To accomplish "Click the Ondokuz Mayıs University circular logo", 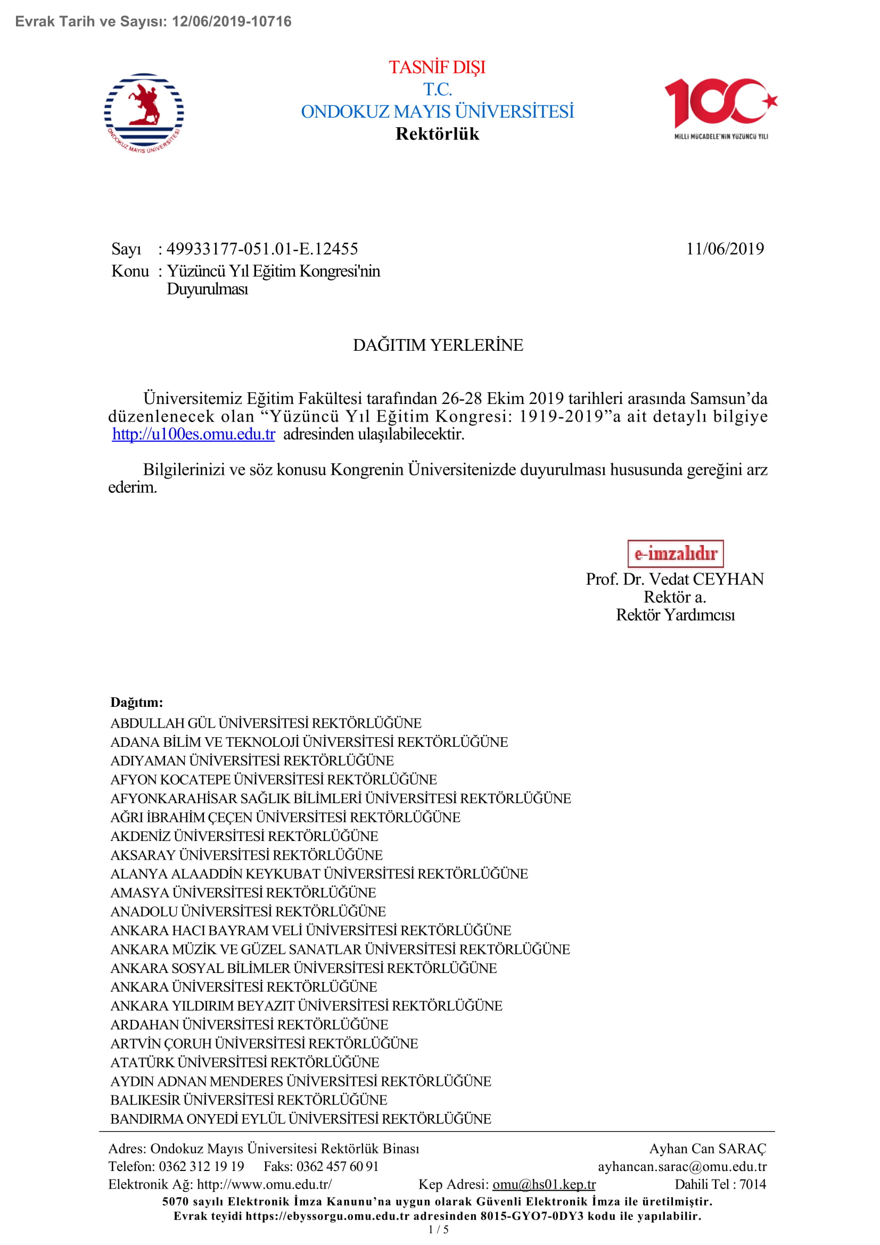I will [x=144, y=113].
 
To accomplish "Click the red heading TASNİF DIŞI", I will [x=437, y=67].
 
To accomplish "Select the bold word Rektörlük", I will [x=437, y=134].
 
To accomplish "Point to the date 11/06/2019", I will [x=725, y=249].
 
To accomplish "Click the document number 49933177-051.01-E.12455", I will [x=262, y=249].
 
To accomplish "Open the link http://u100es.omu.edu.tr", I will [x=194, y=434].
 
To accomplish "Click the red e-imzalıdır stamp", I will [x=675, y=554].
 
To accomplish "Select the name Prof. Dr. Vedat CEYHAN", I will [x=675, y=579].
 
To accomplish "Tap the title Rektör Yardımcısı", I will [x=675, y=615].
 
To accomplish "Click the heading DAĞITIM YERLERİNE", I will [x=438, y=345].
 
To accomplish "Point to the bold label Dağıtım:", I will [x=137, y=702].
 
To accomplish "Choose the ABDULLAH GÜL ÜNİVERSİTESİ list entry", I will [x=266, y=723].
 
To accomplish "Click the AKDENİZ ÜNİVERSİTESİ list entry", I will [x=244, y=836].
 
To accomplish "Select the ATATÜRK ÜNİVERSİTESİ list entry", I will [x=244, y=1062].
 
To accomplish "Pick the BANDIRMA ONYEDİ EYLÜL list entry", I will [x=300, y=1119].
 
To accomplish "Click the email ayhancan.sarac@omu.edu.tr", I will [x=682, y=1166].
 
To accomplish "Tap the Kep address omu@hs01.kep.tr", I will [x=544, y=1184].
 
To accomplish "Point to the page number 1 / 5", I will [x=439, y=1230].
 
